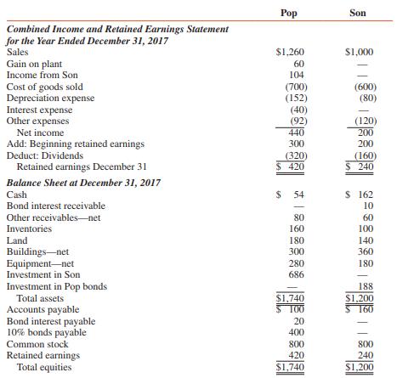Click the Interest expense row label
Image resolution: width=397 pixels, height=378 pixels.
click(x=40, y=110)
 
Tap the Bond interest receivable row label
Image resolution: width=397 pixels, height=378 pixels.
click(x=56, y=206)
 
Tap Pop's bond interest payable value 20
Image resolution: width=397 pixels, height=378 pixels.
click(x=297, y=322)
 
